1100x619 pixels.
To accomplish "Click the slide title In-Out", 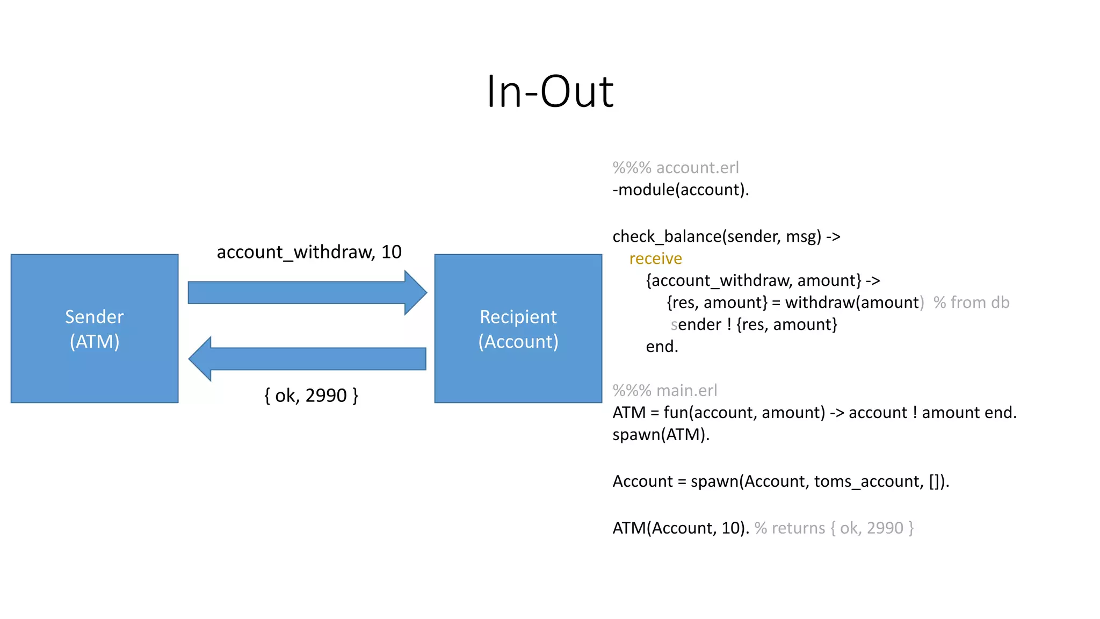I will (x=549, y=92).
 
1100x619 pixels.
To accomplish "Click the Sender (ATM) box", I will (x=95, y=328).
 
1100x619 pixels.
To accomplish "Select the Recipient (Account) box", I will (x=518, y=328).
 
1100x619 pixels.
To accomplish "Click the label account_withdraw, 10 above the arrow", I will (x=309, y=252).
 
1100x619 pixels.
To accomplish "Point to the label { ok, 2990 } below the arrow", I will (x=311, y=395).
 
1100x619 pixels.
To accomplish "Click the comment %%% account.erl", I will (x=675, y=168).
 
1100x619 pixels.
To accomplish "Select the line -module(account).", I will (x=680, y=190).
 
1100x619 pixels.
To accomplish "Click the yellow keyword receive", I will (x=655, y=258).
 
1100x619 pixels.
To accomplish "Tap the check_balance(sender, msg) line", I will (x=726, y=236).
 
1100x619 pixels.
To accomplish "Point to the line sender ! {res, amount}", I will (x=754, y=325).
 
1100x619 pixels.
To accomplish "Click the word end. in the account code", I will (x=662, y=347).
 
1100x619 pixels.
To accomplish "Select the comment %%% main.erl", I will (x=664, y=390).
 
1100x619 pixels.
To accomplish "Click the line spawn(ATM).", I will (x=661, y=434).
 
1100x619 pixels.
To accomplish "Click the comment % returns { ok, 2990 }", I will (x=834, y=528).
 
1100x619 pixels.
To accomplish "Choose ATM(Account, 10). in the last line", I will (x=680, y=528).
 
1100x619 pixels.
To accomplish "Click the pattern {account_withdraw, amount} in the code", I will (x=754, y=280).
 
